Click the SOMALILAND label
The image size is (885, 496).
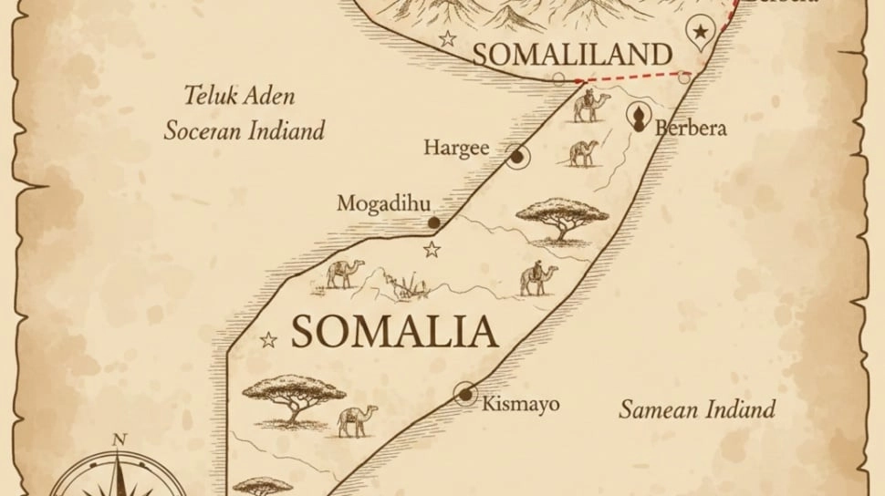click(x=571, y=54)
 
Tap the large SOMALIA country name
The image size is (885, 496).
click(x=394, y=332)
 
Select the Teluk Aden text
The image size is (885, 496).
click(x=239, y=96)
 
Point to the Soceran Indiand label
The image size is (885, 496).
click(x=244, y=130)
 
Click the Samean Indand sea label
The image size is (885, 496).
click(x=697, y=408)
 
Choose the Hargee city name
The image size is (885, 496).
click(x=456, y=148)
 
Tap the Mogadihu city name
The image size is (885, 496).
click(x=383, y=203)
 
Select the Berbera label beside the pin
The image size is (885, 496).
click(x=691, y=129)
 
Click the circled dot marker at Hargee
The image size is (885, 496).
click(x=517, y=157)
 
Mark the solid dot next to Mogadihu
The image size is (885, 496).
click(x=434, y=222)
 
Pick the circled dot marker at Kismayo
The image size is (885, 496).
click(x=466, y=394)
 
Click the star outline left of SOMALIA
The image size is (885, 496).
click(x=268, y=340)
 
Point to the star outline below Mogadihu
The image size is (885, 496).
click(x=432, y=249)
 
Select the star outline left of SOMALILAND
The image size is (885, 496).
click(x=447, y=39)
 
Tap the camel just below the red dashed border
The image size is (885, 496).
click(x=588, y=107)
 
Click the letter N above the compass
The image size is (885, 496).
click(x=119, y=439)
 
